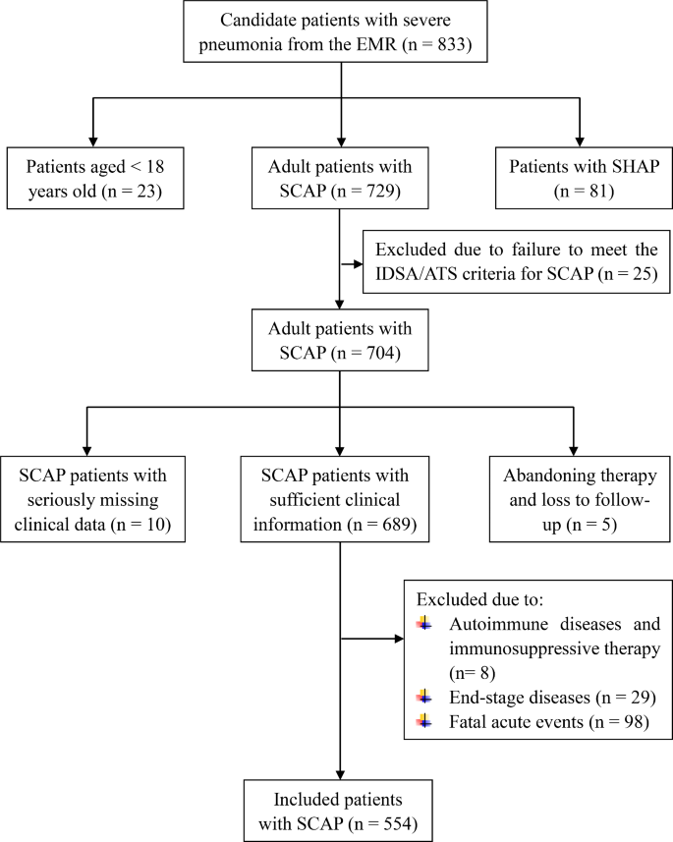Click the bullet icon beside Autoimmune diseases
pos(423,624)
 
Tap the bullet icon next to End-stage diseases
pos(423,696)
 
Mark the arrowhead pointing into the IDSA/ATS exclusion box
pos(359,262)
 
